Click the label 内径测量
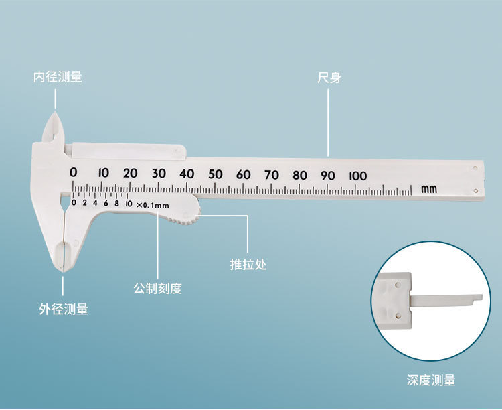[x=58, y=77]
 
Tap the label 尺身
[x=329, y=78]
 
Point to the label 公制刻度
[x=157, y=289]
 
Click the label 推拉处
[x=248, y=264]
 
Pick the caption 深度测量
[x=430, y=381]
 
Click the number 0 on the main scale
[x=74, y=173]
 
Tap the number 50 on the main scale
[x=215, y=174]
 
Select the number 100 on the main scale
[x=357, y=176]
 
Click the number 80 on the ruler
[x=299, y=175]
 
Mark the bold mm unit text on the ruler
[x=429, y=190]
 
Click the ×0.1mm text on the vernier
[x=153, y=204]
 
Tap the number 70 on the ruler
[x=271, y=175]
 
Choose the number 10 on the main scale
[x=102, y=173]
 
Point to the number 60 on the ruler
[x=243, y=174]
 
